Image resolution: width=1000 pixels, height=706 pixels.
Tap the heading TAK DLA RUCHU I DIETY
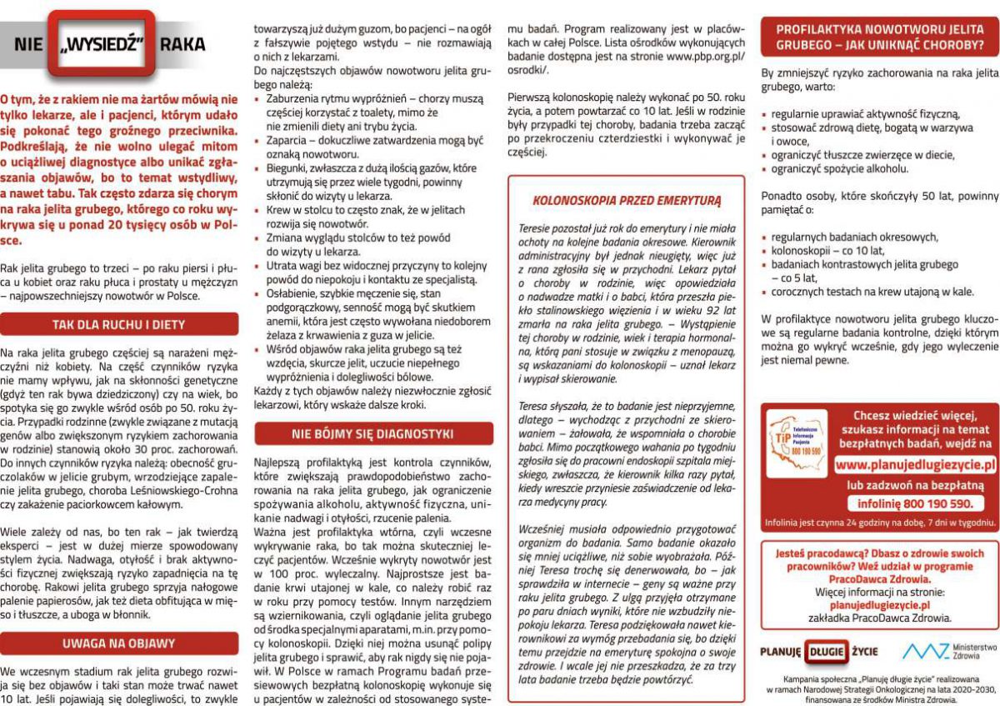pyautogui.click(x=118, y=324)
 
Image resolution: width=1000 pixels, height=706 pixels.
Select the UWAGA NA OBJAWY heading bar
pyautogui.click(x=118, y=643)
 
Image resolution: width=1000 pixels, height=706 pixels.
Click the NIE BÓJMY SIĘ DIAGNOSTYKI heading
pyautogui.click(x=372, y=433)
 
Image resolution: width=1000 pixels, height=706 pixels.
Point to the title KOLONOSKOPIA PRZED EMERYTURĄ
pyautogui.click(x=626, y=200)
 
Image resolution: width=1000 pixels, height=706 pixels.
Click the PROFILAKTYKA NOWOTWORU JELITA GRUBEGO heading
pyautogui.click(x=880, y=36)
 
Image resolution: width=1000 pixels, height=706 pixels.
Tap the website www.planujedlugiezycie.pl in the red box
pyautogui.click(x=915, y=464)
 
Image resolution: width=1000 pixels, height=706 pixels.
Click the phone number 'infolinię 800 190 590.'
pyautogui.click(x=915, y=503)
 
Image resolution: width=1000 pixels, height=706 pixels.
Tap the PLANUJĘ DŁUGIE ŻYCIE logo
pyautogui.click(x=807, y=651)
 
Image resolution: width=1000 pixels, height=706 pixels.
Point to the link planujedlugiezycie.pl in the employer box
pyautogui.click(x=880, y=605)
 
